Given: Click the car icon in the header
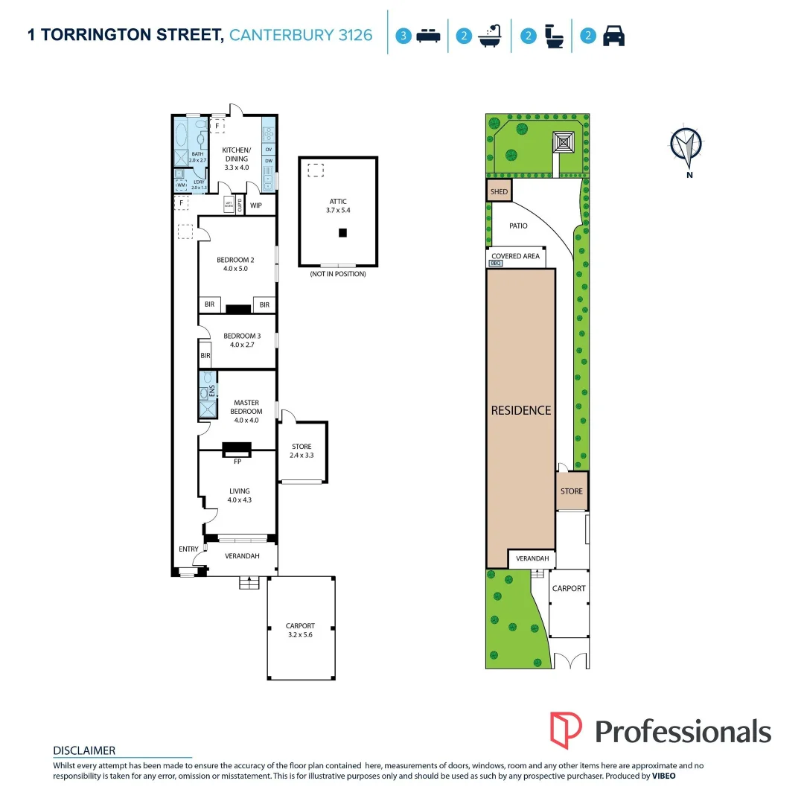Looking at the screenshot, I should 613,35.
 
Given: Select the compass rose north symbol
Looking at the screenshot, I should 686,145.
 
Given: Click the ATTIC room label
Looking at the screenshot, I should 338,202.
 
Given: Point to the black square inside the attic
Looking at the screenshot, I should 342,233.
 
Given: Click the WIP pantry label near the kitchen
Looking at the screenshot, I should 256,205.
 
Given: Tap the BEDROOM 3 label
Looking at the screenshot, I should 238,336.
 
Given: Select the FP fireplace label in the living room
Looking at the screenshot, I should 238,461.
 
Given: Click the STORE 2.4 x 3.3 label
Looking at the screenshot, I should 301,447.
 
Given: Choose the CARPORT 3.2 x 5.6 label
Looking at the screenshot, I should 300,625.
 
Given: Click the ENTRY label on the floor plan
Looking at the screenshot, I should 188,549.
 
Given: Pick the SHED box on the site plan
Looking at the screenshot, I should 499,191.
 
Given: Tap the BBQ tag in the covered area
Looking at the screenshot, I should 496,263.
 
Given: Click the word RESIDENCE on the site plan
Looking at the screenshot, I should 521,410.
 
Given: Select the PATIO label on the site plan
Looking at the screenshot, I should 518,225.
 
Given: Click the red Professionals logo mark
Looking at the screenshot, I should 566,730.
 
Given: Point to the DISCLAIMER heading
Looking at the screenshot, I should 84,750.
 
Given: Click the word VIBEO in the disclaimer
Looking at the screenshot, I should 664,776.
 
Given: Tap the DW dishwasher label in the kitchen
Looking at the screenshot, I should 268,160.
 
